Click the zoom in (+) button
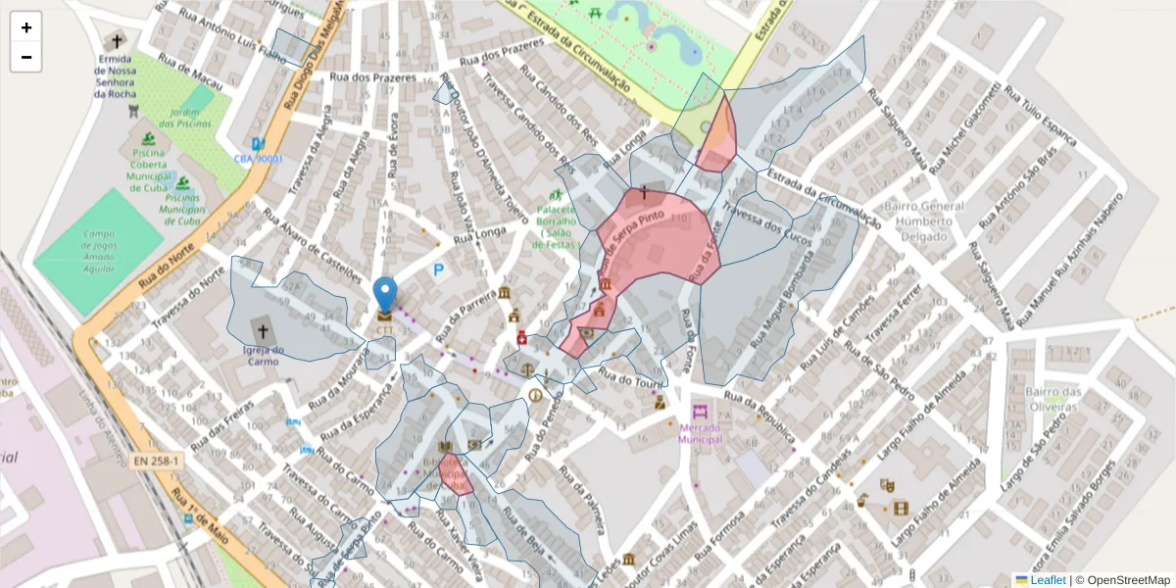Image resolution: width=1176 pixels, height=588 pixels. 26,27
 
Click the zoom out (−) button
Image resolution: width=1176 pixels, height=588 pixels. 26,57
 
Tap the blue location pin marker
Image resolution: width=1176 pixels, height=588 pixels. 385,294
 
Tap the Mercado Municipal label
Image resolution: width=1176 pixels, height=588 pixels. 700,433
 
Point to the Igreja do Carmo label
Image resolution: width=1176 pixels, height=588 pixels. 263,356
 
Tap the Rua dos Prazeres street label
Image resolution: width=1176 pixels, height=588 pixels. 372,77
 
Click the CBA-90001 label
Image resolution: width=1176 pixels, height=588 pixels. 258,158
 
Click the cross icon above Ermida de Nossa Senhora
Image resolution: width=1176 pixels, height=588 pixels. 118,42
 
